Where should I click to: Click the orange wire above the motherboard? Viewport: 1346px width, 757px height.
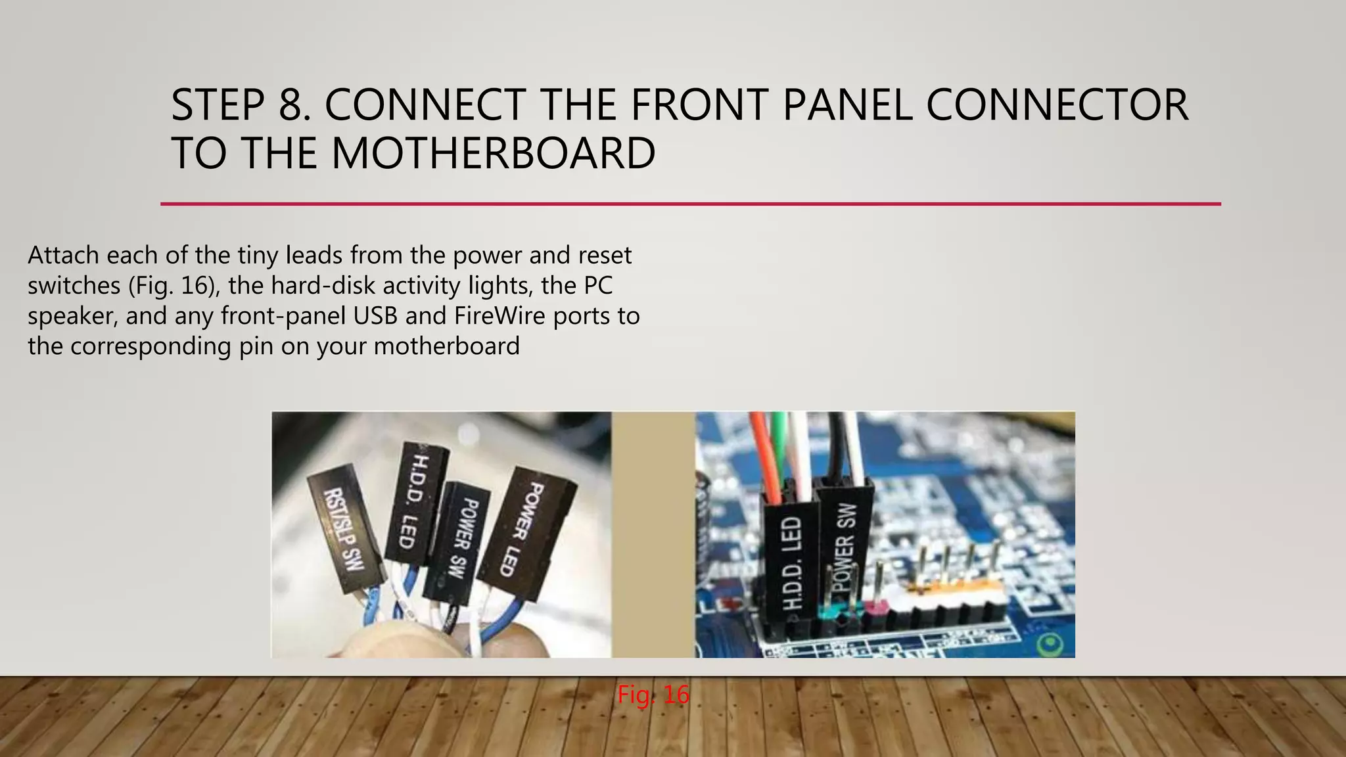(765, 453)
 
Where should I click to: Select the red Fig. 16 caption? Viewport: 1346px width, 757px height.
(653, 695)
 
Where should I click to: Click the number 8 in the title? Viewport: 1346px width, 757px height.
(293, 105)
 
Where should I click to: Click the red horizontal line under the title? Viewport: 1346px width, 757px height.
(690, 204)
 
